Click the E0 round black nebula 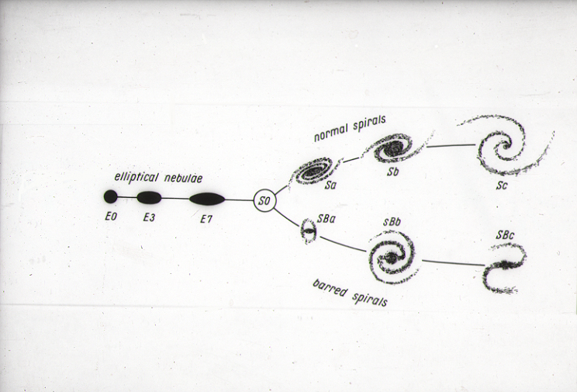click(x=110, y=196)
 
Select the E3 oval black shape click(x=149, y=197)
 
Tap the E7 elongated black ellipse click(x=207, y=199)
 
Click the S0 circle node click(x=264, y=201)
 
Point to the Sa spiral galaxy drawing click(x=314, y=171)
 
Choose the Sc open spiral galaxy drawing click(x=505, y=145)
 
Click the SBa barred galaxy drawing click(x=309, y=231)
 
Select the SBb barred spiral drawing click(x=392, y=257)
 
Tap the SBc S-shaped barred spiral click(x=504, y=268)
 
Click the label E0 click(x=111, y=217)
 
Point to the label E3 click(x=149, y=218)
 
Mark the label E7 click(x=206, y=219)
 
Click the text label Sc click(x=502, y=186)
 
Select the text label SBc click(x=505, y=235)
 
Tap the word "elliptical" click(x=136, y=177)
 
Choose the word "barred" click(x=330, y=289)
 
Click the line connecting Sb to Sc click(x=451, y=146)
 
